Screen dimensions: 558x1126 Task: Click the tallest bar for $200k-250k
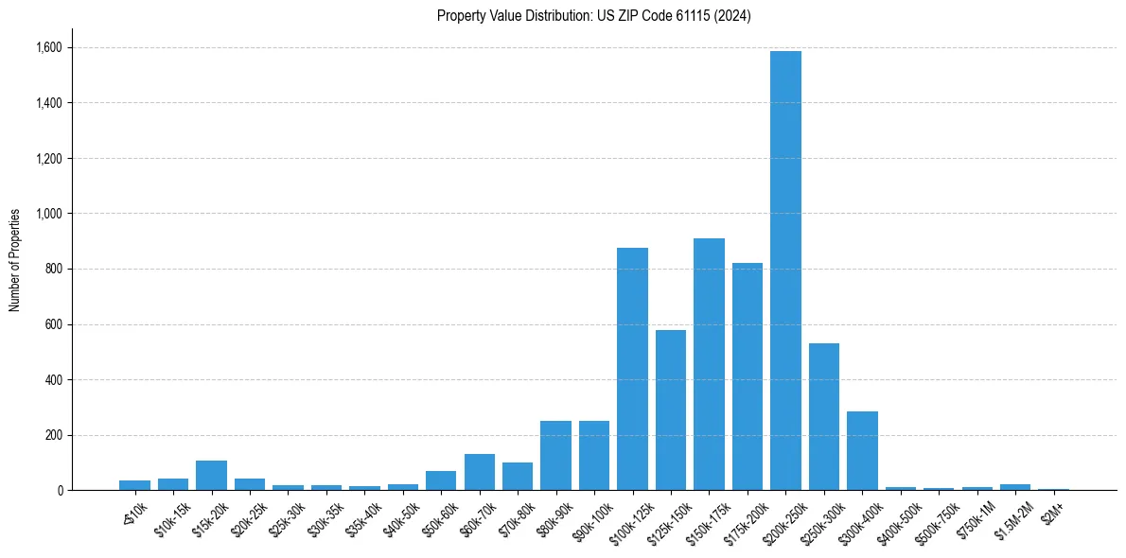pyautogui.click(x=785, y=270)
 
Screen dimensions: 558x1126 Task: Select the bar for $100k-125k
pyautogui.click(x=632, y=369)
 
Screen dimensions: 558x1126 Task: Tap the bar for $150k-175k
pyautogui.click(x=709, y=364)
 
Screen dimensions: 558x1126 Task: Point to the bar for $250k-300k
pyautogui.click(x=823, y=417)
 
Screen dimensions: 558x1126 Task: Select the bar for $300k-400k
pyautogui.click(x=862, y=451)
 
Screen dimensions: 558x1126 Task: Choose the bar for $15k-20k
pyautogui.click(x=211, y=476)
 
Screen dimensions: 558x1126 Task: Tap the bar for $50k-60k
pyautogui.click(x=441, y=480)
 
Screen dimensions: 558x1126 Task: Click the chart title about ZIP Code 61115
pyautogui.click(x=594, y=16)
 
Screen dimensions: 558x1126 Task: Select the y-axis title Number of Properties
pyautogui.click(x=15, y=260)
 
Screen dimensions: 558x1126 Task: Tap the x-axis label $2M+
pyautogui.click(x=1052, y=510)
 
